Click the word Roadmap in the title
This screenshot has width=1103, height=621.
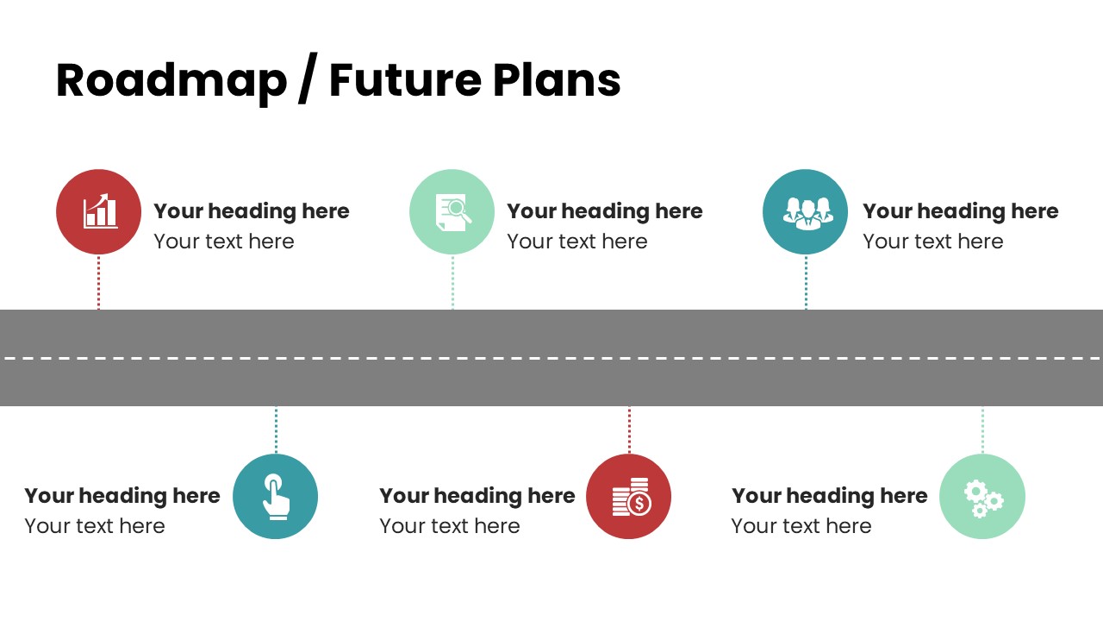pyautogui.click(x=171, y=81)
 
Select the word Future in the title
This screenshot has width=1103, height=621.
pyautogui.click(x=405, y=79)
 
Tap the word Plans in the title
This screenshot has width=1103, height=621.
pyautogui.click(x=557, y=79)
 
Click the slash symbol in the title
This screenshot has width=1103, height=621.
pyautogui.click(x=308, y=78)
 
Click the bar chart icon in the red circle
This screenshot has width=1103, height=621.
pyautogui.click(x=101, y=211)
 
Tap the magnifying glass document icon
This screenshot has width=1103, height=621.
pyautogui.click(x=453, y=212)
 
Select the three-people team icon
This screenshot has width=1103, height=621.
pyautogui.click(x=807, y=213)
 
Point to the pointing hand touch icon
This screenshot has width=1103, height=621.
pyautogui.click(x=276, y=496)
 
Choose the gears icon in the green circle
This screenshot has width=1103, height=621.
pyautogui.click(x=983, y=499)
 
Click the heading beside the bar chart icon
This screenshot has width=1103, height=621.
pyautogui.click(x=252, y=211)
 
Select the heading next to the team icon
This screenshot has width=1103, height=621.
pyautogui.click(x=961, y=211)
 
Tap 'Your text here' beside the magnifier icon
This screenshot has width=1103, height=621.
pyautogui.click(x=577, y=241)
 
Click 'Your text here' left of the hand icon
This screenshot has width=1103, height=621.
pyautogui.click(x=95, y=526)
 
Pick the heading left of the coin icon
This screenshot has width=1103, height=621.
pyautogui.click(x=477, y=496)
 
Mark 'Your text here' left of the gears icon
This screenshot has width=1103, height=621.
pyautogui.click(x=801, y=526)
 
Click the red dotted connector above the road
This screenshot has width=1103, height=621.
pyautogui.click(x=98, y=282)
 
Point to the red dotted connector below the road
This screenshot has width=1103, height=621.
pyautogui.click(x=629, y=430)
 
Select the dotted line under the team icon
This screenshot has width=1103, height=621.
pyautogui.click(x=806, y=282)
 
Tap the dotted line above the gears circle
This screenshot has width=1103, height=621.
pyautogui.click(x=982, y=430)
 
